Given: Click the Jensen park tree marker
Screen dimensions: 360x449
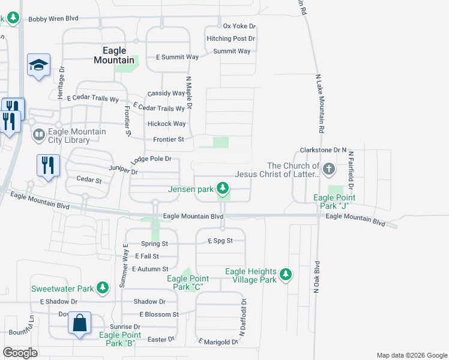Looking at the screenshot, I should [x=223, y=189].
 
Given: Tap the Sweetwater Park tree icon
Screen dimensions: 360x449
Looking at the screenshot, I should [x=103, y=288].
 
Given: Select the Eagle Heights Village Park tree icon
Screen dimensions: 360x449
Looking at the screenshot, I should [x=287, y=275].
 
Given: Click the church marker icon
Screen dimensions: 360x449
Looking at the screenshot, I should [x=328, y=169].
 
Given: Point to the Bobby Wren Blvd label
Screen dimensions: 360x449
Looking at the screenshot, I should [x=53, y=19].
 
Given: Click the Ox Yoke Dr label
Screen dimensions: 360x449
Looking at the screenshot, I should [x=239, y=26].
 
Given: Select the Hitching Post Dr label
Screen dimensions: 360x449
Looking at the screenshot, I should [x=231, y=38].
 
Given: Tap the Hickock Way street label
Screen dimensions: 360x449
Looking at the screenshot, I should [x=166, y=124].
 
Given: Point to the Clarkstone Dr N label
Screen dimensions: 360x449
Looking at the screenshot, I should [x=324, y=149].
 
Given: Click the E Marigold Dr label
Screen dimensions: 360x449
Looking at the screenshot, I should [x=218, y=342].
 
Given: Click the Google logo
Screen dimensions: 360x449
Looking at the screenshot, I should [x=20, y=353].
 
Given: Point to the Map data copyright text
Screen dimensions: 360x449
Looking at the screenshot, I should [x=411, y=355].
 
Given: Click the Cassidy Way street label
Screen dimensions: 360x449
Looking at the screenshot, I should [x=166, y=93].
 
